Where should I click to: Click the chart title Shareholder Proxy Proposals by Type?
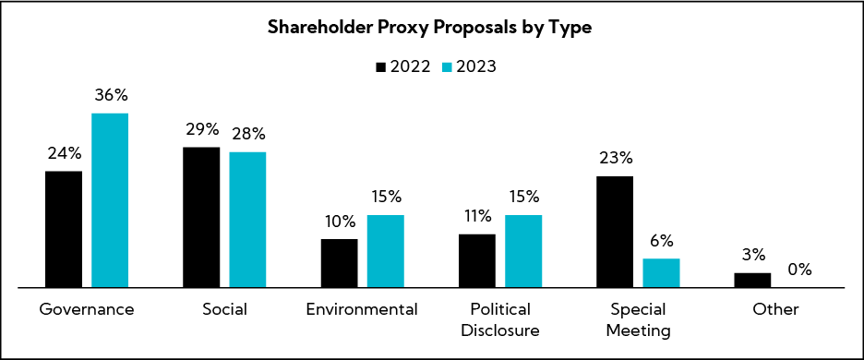tap(429, 29)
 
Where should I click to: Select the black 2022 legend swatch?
tap(381, 66)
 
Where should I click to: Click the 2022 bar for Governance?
tap(64, 229)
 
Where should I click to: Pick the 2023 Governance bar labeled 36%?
tap(110, 200)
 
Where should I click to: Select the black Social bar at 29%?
tap(201, 217)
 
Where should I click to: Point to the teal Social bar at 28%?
tap(247, 220)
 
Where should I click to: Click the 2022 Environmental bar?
tap(340, 263)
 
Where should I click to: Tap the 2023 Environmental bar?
tap(386, 251)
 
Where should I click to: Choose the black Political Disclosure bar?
tap(477, 260)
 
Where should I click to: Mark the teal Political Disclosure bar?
tap(523, 251)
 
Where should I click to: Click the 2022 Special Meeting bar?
tap(615, 232)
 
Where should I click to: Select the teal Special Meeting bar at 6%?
tap(661, 272)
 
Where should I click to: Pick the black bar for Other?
tap(752, 280)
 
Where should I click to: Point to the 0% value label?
tap(798, 270)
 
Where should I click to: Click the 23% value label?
tap(615, 158)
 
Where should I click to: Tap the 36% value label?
tap(110, 95)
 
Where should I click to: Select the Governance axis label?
tap(87, 309)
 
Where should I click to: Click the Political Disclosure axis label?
tap(500, 318)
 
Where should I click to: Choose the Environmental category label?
tap(363, 309)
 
